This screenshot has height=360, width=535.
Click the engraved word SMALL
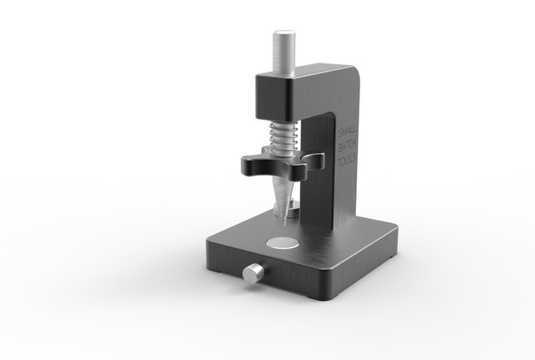pos(348,133)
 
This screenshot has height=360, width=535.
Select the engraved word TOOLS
pos(347,160)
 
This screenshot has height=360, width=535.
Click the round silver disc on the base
pos(283,243)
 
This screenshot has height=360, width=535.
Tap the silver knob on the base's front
pos(252,274)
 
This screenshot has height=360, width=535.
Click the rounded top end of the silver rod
pos(284,33)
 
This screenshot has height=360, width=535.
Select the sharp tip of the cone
pos(283,226)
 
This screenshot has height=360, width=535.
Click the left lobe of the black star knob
pos(251,164)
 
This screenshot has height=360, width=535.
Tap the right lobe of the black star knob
pos(313,159)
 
